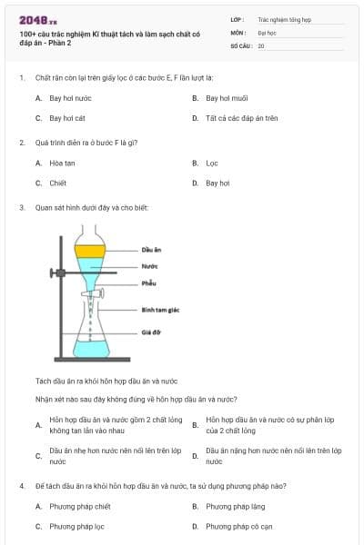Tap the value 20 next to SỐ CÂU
(x=261, y=45)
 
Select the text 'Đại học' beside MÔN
(x=267, y=32)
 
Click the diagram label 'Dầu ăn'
(x=151, y=250)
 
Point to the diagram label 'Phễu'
(x=148, y=282)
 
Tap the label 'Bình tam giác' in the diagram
(x=159, y=310)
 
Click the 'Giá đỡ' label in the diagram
(x=150, y=332)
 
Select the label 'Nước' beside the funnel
(x=149, y=266)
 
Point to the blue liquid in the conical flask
(x=91, y=347)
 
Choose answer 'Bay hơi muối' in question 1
(x=227, y=98)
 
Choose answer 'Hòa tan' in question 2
(x=62, y=163)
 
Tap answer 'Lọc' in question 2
(x=212, y=163)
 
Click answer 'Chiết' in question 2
(x=58, y=183)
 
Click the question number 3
(x=21, y=207)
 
